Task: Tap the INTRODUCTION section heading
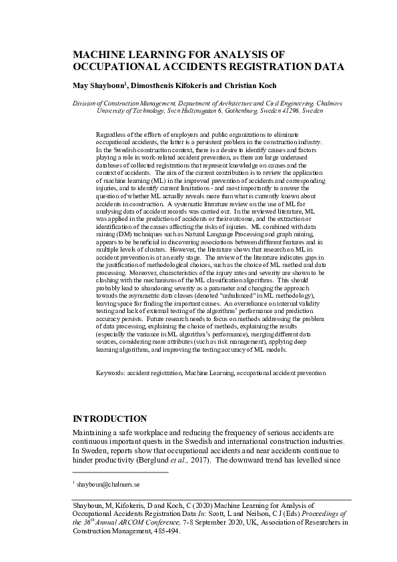coord(109,419)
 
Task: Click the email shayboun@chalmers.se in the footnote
coord(109,483)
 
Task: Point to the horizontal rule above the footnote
coord(119,473)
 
